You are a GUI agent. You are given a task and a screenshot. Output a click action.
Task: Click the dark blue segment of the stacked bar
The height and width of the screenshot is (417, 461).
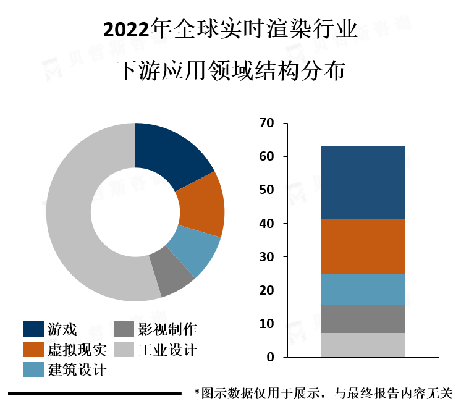click(363, 182)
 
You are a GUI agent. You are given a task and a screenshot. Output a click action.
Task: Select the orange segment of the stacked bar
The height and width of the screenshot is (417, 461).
click(363, 246)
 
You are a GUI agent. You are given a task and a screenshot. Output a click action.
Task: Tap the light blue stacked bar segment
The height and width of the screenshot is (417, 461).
click(363, 289)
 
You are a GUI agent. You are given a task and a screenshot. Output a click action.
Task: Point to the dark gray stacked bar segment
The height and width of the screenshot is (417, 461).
click(363, 318)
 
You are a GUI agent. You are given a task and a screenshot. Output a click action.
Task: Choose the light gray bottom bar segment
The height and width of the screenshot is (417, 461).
click(363, 345)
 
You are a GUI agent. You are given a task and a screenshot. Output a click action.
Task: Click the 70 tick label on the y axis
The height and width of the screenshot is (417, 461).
click(266, 124)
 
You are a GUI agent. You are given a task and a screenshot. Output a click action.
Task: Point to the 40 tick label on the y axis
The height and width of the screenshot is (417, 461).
click(266, 224)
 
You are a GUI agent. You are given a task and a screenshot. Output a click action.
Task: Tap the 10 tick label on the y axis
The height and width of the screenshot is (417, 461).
click(266, 324)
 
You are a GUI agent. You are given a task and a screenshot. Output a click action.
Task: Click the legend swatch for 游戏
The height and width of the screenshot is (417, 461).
click(33, 329)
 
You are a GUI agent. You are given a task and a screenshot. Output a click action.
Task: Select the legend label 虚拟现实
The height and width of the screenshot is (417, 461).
click(77, 350)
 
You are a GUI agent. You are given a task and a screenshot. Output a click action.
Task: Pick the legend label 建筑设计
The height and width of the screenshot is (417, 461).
click(77, 371)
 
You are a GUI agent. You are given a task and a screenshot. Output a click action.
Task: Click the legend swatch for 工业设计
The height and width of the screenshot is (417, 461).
click(125, 350)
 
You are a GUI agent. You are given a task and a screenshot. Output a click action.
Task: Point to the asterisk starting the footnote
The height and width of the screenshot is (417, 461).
click(197, 393)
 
